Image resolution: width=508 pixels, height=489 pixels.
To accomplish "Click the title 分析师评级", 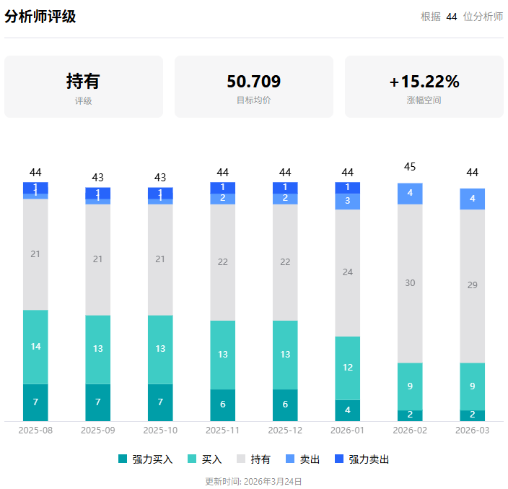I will point(40,17).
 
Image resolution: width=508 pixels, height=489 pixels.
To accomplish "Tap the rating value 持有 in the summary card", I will point(83,81).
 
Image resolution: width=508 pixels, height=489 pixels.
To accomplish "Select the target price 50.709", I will point(253,81).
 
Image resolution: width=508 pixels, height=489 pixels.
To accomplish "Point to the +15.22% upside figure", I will point(424,81).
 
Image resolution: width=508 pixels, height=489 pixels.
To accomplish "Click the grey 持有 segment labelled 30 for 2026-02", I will point(410,283).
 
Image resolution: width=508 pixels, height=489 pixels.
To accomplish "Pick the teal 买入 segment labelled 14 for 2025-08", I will point(35,347).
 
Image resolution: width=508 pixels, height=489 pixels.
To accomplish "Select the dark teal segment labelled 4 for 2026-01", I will point(347,410).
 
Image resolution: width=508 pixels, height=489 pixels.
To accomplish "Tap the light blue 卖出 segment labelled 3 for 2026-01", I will point(347,201).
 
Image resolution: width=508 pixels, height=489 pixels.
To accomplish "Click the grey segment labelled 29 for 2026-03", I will point(472,285).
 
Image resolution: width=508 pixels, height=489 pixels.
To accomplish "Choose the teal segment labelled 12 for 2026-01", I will point(347,368).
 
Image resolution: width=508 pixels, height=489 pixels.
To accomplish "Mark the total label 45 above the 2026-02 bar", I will point(410,167).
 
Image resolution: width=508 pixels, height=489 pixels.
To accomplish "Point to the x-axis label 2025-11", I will point(222,430).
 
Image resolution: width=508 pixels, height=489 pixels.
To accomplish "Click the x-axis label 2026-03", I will point(472,430).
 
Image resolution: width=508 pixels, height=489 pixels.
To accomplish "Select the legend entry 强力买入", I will point(145,459).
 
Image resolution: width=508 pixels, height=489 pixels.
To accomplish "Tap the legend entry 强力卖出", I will point(362,459).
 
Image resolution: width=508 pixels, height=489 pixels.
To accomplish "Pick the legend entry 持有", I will point(253,459).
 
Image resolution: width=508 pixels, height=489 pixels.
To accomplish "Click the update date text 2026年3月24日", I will point(272,481).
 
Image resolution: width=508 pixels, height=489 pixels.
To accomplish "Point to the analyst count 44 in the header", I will point(452,17).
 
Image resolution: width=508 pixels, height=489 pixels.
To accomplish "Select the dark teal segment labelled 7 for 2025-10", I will point(160,402).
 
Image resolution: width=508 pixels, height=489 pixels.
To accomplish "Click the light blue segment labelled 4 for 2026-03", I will point(472,199).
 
